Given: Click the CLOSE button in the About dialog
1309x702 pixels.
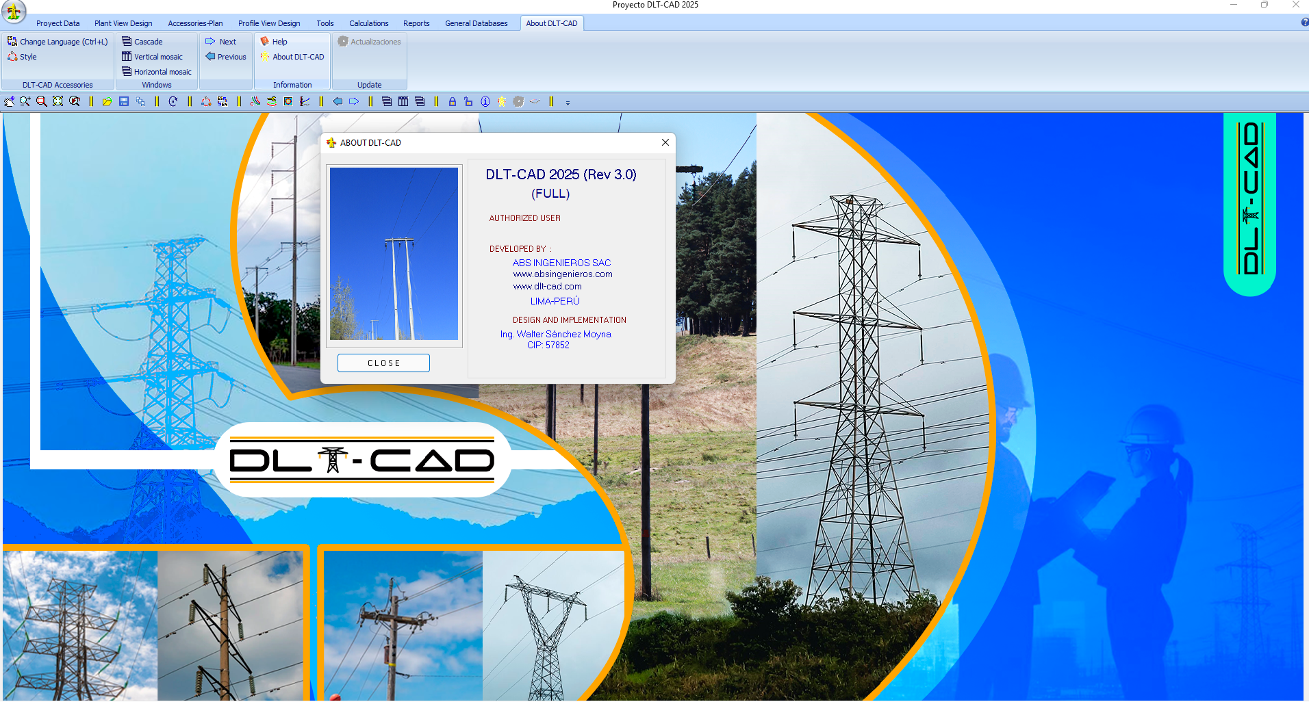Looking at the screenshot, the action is [383, 363].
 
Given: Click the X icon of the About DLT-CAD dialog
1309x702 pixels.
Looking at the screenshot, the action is [665, 142].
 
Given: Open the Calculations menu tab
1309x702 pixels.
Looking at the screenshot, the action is [368, 23].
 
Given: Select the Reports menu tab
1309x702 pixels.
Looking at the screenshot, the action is [416, 23].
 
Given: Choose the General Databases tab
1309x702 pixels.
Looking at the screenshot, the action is [476, 23].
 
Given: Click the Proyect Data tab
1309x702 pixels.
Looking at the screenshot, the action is [58, 23].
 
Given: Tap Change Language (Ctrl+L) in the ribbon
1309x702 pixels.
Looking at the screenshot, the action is [58, 42].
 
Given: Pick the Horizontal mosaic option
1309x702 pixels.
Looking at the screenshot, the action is [157, 72].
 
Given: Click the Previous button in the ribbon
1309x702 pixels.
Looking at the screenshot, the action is [226, 57].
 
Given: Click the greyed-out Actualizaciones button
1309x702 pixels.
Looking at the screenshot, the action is [370, 42].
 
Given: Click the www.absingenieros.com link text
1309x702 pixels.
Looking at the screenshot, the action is [563, 274].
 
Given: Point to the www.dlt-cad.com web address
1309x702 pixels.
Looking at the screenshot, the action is [548, 287].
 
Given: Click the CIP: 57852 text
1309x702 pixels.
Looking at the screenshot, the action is [548, 346].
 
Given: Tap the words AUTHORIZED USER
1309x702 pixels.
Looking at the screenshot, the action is [525, 218].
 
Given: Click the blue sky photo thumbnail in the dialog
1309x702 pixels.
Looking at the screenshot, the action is [394, 254].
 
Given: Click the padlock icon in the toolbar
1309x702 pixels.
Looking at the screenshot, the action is [453, 102].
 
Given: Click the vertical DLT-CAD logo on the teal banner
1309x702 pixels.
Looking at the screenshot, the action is [1251, 198].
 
